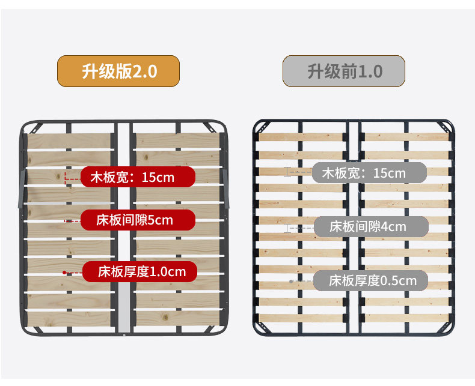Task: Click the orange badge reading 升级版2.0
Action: click(118, 71)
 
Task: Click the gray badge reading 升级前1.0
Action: click(344, 71)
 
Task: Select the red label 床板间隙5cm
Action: click(137, 220)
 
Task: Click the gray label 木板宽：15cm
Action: click(369, 173)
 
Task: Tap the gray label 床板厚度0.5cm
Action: click(370, 280)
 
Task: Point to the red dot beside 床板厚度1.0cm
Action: click(64, 273)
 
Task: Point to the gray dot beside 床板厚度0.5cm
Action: click(291, 281)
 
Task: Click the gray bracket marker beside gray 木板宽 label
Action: click(287, 172)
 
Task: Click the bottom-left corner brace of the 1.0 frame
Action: click(263, 328)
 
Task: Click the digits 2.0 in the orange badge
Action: click(144, 71)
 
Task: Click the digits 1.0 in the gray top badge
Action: click(370, 71)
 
